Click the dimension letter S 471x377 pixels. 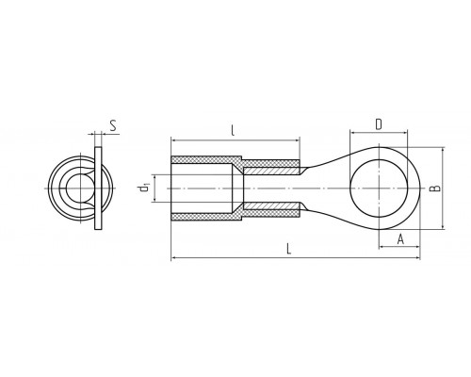[113, 125]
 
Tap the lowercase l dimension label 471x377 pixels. [233, 130]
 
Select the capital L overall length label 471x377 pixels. [289, 249]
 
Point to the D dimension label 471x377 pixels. [379, 124]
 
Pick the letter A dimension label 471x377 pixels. [400, 239]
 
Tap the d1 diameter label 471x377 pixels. [144, 188]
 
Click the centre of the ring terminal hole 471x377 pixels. [380, 188]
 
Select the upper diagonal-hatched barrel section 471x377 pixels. [271, 172]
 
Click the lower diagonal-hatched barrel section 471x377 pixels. [271, 206]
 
